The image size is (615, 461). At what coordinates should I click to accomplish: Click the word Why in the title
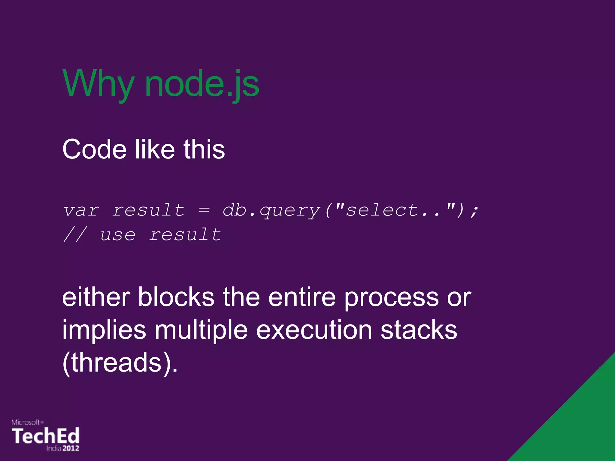98,84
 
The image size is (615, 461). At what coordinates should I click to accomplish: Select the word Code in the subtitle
94,149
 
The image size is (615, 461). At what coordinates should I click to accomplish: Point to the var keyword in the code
81,210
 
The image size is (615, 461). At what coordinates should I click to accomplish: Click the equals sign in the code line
204,210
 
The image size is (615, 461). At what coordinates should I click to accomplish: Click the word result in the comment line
185,234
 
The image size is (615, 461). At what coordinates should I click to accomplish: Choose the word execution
314,330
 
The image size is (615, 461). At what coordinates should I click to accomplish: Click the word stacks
419,330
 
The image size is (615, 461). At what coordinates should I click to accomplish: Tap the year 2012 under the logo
71,448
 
